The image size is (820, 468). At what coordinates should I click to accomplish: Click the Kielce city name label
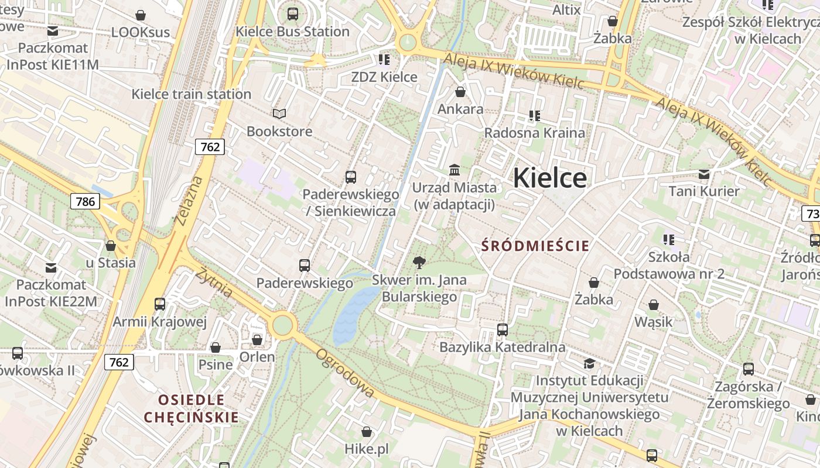click(x=549, y=178)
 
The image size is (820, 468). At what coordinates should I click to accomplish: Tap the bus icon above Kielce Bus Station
click(x=292, y=13)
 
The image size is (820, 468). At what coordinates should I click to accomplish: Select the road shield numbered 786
click(x=85, y=202)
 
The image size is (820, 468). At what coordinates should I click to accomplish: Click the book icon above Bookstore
click(x=279, y=113)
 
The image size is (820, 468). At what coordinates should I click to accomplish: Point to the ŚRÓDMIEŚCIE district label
click(x=535, y=246)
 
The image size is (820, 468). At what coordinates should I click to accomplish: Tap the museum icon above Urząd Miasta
click(x=454, y=170)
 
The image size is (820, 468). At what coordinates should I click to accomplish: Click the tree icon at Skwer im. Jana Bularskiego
click(x=419, y=262)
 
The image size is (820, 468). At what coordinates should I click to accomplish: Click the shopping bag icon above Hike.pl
click(x=366, y=432)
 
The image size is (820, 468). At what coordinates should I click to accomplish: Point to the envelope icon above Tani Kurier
click(x=704, y=174)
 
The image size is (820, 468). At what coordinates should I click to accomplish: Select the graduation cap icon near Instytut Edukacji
click(x=589, y=363)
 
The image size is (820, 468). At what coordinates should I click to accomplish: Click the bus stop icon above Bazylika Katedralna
click(x=502, y=329)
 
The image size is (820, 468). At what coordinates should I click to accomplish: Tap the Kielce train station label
click(x=191, y=94)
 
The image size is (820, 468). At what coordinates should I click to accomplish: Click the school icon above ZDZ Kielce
click(x=384, y=59)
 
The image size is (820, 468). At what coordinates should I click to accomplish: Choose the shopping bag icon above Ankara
click(x=460, y=92)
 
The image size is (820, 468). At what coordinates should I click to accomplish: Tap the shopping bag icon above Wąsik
click(x=653, y=305)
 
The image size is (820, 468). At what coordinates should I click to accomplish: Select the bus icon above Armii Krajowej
click(x=160, y=304)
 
